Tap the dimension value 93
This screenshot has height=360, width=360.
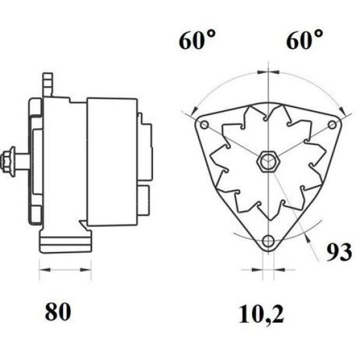(338, 251)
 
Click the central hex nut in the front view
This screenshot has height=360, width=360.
(268, 160)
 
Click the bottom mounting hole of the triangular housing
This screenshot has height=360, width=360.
(268, 242)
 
